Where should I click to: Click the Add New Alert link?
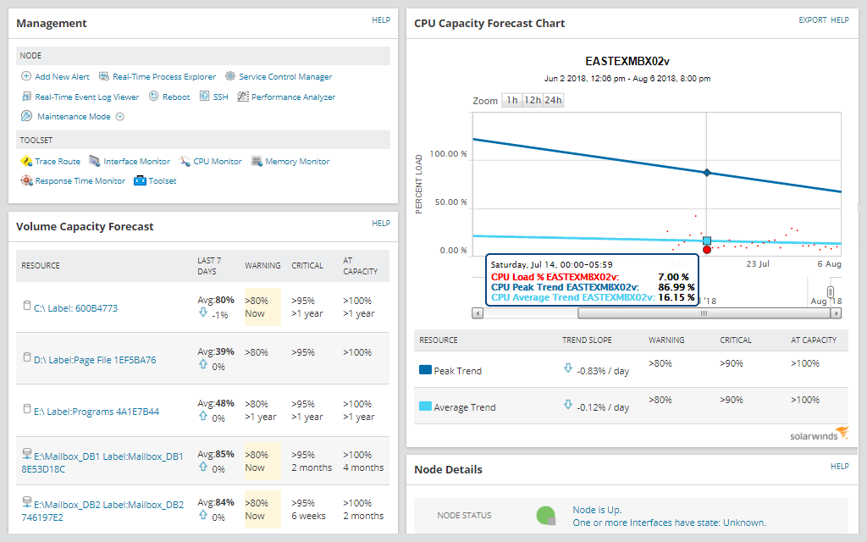tap(63, 77)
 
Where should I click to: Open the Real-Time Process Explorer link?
tap(163, 77)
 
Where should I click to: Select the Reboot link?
tap(176, 97)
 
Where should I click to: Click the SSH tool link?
tap(220, 97)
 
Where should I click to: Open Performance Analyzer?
tap(293, 97)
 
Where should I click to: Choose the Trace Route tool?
tap(58, 162)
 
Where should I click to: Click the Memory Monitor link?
tap(297, 162)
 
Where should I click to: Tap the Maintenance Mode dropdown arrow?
tap(120, 117)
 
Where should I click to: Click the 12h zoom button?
tap(533, 100)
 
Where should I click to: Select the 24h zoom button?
tap(553, 100)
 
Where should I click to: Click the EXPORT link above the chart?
tap(812, 20)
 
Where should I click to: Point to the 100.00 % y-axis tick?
tap(448, 154)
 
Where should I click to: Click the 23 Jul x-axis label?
tap(757, 264)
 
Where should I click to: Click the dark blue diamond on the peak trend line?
tap(707, 173)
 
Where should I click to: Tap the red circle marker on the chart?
tap(707, 250)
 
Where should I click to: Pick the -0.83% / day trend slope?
tap(603, 370)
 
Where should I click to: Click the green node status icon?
tap(546, 515)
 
